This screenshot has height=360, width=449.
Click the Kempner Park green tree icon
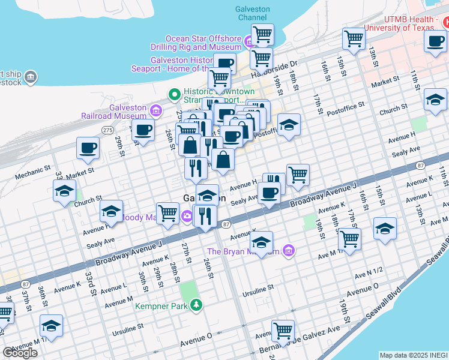[196, 306]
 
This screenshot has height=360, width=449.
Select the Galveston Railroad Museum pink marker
[156, 110]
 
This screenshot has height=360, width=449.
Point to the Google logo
[20, 353]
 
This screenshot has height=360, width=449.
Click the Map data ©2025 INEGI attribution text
[413, 355]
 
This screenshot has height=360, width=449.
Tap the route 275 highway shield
[107, 130]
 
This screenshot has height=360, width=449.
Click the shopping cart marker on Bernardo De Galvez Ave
[282, 329]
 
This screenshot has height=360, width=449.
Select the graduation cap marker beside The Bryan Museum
[261, 242]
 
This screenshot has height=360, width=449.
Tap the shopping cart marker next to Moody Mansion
[168, 212]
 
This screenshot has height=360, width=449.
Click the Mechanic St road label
[30, 176]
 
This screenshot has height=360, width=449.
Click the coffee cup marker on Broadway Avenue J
[269, 193]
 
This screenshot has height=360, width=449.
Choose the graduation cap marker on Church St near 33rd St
[64, 191]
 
